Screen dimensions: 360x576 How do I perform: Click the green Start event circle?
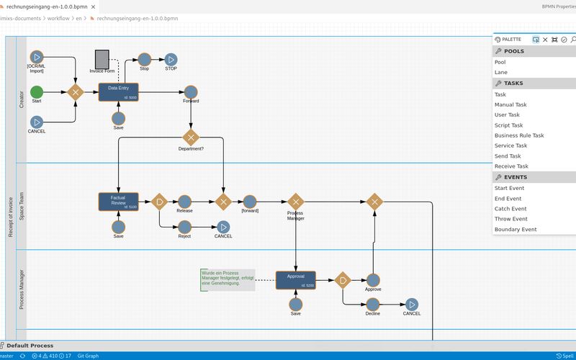click(37, 91)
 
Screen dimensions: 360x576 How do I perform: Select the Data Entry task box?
click(118, 91)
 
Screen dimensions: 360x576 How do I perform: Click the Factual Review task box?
click(118, 202)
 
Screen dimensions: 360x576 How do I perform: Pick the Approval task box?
click(296, 280)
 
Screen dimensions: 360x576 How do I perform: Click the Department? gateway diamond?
click(191, 137)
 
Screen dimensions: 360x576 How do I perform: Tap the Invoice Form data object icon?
click(102, 58)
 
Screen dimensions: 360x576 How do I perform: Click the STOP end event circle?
click(171, 59)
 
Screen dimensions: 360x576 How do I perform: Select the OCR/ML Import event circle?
click(37, 57)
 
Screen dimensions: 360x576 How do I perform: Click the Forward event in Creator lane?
click(191, 91)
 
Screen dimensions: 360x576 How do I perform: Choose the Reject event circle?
click(184, 227)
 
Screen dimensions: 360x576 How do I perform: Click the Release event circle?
click(184, 202)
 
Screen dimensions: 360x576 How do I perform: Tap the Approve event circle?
click(373, 280)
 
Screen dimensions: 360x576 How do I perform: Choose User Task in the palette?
click(507, 114)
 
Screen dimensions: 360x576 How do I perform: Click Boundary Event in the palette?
click(516, 230)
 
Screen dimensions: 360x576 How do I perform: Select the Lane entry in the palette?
click(500, 72)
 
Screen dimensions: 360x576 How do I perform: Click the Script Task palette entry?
click(508, 125)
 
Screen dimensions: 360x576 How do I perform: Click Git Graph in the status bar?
click(88, 356)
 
